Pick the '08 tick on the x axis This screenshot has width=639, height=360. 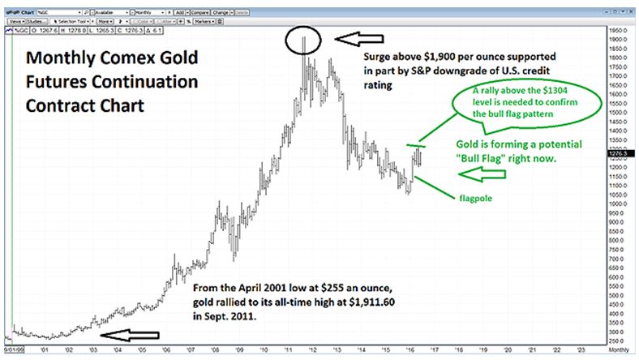point(214,349)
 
